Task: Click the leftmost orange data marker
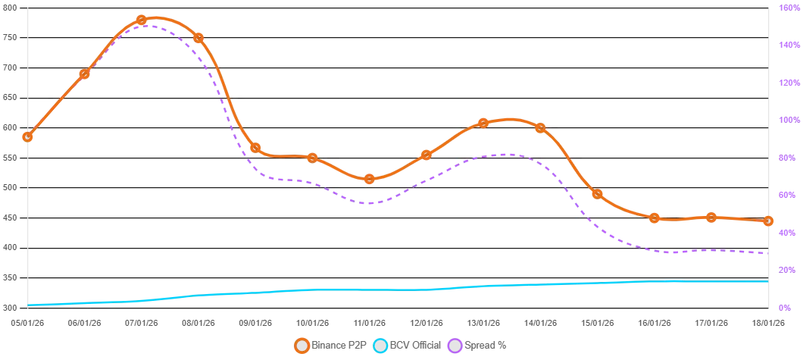(x=28, y=137)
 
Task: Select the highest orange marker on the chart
(x=142, y=20)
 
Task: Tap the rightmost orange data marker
(x=768, y=221)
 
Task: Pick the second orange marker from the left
(x=85, y=74)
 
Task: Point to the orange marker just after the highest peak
(x=198, y=37)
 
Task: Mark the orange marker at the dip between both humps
(x=370, y=179)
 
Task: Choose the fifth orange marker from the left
(x=255, y=148)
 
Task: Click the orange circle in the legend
(x=302, y=346)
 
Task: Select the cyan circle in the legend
(x=380, y=346)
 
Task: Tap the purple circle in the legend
(x=455, y=346)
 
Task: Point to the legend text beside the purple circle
(x=486, y=346)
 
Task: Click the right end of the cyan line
(x=767, y=281)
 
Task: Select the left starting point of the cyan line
(x=28, y=305)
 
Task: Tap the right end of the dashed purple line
(x=767, y=252)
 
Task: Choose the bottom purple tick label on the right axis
(x=785, y=308)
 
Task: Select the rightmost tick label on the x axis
(x=767, y=321)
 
